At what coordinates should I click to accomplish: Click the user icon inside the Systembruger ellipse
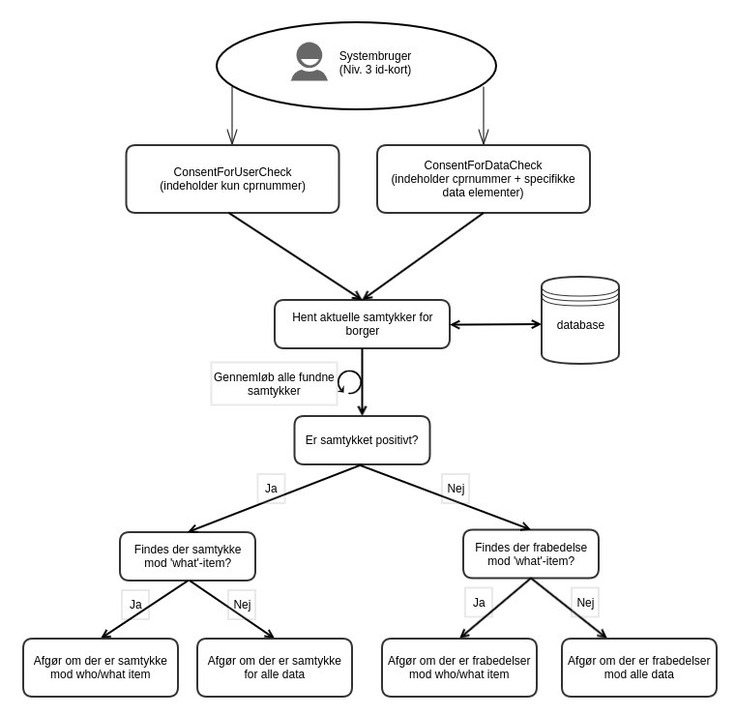point(309,62)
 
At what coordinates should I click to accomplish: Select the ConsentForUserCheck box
point(232,179)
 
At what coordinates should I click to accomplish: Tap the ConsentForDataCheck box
point(483,179)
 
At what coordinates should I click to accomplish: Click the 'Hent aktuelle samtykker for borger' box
point(362,324)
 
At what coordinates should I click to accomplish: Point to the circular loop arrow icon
point(349,382)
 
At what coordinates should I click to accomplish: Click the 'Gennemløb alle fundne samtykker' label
point(274,384)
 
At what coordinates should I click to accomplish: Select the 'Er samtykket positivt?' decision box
point(362,440)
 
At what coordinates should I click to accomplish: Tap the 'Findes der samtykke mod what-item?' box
point(188,556)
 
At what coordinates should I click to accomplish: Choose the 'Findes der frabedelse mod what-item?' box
point(530,554)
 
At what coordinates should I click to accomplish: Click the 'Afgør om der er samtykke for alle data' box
point(274,668)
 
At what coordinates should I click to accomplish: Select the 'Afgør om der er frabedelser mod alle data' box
point(638,668)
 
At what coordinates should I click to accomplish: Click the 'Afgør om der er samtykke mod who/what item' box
point(101,668)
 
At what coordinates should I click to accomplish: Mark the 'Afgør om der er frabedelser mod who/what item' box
point(458,668)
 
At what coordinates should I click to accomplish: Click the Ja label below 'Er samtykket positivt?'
point(271,489)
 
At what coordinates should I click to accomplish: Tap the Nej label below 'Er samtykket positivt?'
point(456,489)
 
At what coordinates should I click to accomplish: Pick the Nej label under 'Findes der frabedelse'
point(585,603)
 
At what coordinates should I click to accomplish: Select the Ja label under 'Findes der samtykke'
point(135,605)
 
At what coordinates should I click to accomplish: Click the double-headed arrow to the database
point(495,324)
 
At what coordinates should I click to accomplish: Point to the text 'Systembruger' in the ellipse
point(375,56)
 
